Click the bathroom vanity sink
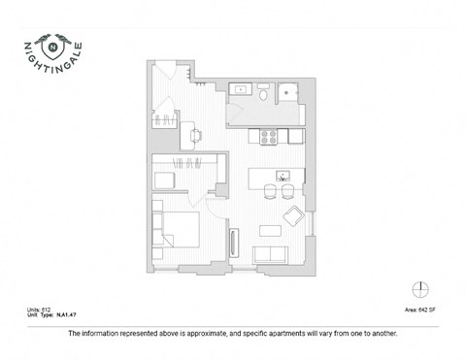coord(240,89)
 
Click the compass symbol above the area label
coord(419,288)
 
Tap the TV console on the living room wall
coord(232,243)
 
